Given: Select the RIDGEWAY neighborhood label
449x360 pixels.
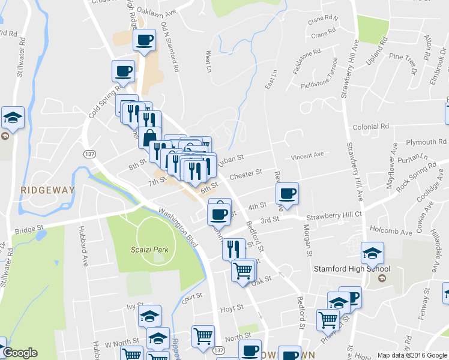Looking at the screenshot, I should pyautogui.click(x=47, y=190).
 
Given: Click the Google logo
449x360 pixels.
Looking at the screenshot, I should pyautogui.click(x=20, y=353).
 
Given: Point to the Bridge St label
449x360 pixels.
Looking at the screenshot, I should pyautogui.click(x=30, y=229).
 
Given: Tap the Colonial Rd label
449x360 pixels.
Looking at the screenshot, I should pyautogui.click(x=371, y=127).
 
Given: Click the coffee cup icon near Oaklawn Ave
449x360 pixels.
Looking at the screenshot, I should pyautogui.click(x=143, y=41).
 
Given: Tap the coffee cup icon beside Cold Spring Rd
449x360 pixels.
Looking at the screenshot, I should pyautogui.click(x=123, y=71).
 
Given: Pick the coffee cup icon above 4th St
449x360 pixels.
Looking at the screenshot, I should pyautogui.click(x=287, y=193).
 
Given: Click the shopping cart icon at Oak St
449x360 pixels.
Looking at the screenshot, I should pyautogui.click(x=243, y=270).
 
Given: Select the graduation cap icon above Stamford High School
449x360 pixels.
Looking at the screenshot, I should pyautogui.click(x=372, y=253).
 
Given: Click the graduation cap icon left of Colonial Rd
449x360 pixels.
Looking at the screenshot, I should pyautogui.click(x=12, y=118).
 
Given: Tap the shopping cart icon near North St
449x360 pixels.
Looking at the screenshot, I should pyautogui.click(x=203, y=336).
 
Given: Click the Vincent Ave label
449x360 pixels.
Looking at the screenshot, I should pyautogui.click(x=307, y=155).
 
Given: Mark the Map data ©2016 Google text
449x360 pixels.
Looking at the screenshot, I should pyautogui.click(x=412, y=355).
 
